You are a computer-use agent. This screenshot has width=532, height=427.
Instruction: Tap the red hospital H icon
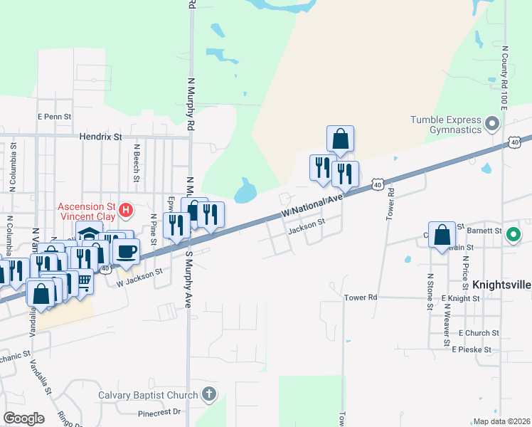pos(126,210)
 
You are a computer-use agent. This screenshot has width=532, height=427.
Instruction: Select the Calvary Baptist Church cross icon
pos(208,394)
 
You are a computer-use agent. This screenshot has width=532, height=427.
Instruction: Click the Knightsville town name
pos(501,285)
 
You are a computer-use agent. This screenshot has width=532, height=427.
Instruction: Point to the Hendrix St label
pos(100,135)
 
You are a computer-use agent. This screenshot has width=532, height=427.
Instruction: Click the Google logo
pos(23,418)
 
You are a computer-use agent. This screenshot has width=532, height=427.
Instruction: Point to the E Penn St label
pos(55,116)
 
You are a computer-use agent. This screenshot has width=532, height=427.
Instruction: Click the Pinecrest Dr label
pos(160,412)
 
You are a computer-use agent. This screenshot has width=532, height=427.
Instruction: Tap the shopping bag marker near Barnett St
pos(442,234)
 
